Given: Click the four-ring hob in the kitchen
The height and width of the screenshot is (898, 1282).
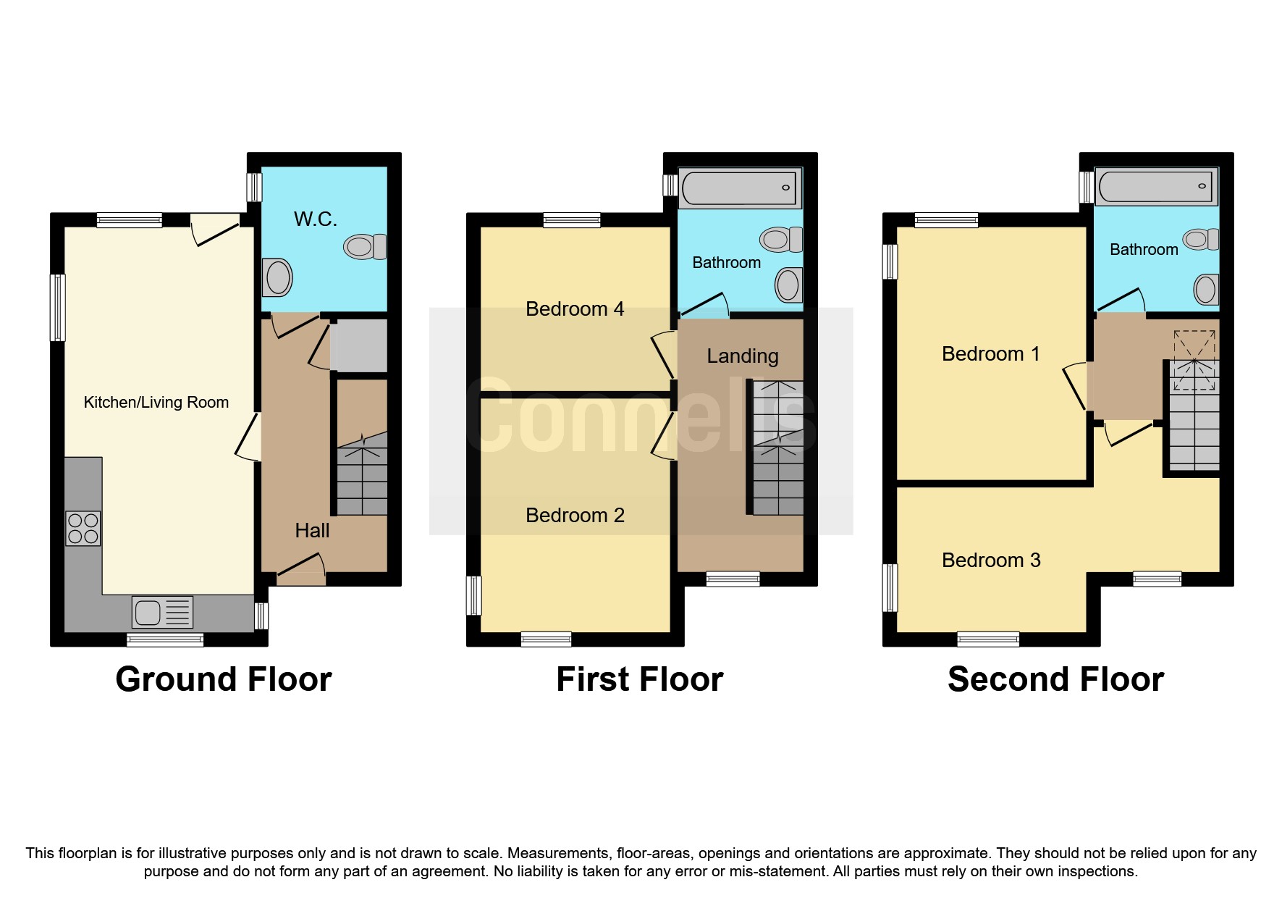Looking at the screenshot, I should click(83, 528).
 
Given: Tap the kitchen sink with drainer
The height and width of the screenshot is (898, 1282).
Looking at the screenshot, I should click(162, 612).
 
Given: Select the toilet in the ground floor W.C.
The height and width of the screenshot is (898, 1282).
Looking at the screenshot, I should click(365, 247).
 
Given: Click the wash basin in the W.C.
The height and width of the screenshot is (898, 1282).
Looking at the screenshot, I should click(277, 277).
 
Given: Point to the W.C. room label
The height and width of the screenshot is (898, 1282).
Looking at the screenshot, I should click(316, 219).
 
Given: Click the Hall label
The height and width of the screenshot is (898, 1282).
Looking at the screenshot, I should click(312, 531).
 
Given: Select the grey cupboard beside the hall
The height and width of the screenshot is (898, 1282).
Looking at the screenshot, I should click(359, 347).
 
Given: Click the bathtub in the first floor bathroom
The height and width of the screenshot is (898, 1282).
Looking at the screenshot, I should click(739, 188).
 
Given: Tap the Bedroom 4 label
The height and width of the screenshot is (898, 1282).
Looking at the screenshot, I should click(575, 309).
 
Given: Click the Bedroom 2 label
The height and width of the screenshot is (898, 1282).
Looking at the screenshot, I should click(575, 516).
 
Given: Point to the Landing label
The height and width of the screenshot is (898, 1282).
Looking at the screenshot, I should click(743, 356).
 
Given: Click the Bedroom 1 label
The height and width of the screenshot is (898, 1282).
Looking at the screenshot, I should click(990, 354).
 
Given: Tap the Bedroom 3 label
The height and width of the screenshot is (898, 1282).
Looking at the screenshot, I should click(990, 561).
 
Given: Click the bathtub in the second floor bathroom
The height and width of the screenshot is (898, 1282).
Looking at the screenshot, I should click(1156, 186).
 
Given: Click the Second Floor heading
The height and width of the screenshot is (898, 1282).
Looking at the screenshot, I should click(1055, 679).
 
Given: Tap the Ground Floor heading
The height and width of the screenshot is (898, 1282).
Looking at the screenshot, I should click(223, 679).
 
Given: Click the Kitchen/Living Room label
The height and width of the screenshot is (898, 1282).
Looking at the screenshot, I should click(156, 403).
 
